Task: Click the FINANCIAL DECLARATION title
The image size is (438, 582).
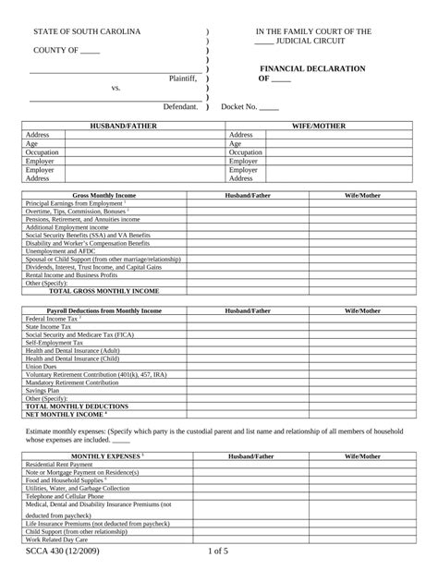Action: tap(311, 69)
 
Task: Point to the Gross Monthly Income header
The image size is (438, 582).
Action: tap(104, 196)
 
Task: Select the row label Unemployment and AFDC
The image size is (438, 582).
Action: tap(61, 250)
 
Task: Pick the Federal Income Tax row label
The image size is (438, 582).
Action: tap(54, 319)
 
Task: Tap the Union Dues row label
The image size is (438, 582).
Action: tap(42, 366)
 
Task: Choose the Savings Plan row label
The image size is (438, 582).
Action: tap(44, 390)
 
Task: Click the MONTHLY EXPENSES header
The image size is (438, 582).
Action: tap(101, 456)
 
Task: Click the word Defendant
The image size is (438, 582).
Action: tap(180, 107)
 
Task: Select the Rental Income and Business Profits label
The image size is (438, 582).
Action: tap(71, 274)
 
